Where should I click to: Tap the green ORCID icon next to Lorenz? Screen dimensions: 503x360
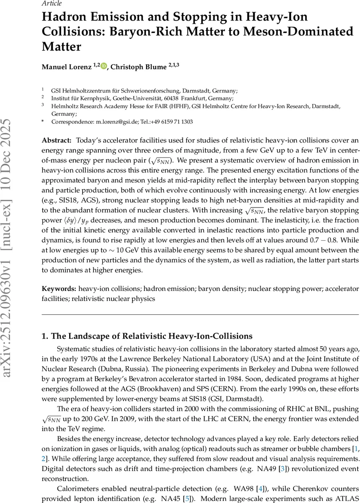click(x=104, y=66)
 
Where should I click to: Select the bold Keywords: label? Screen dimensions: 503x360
click(x=59, y=289)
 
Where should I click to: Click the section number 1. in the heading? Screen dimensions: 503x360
click(x=45, y=336)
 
